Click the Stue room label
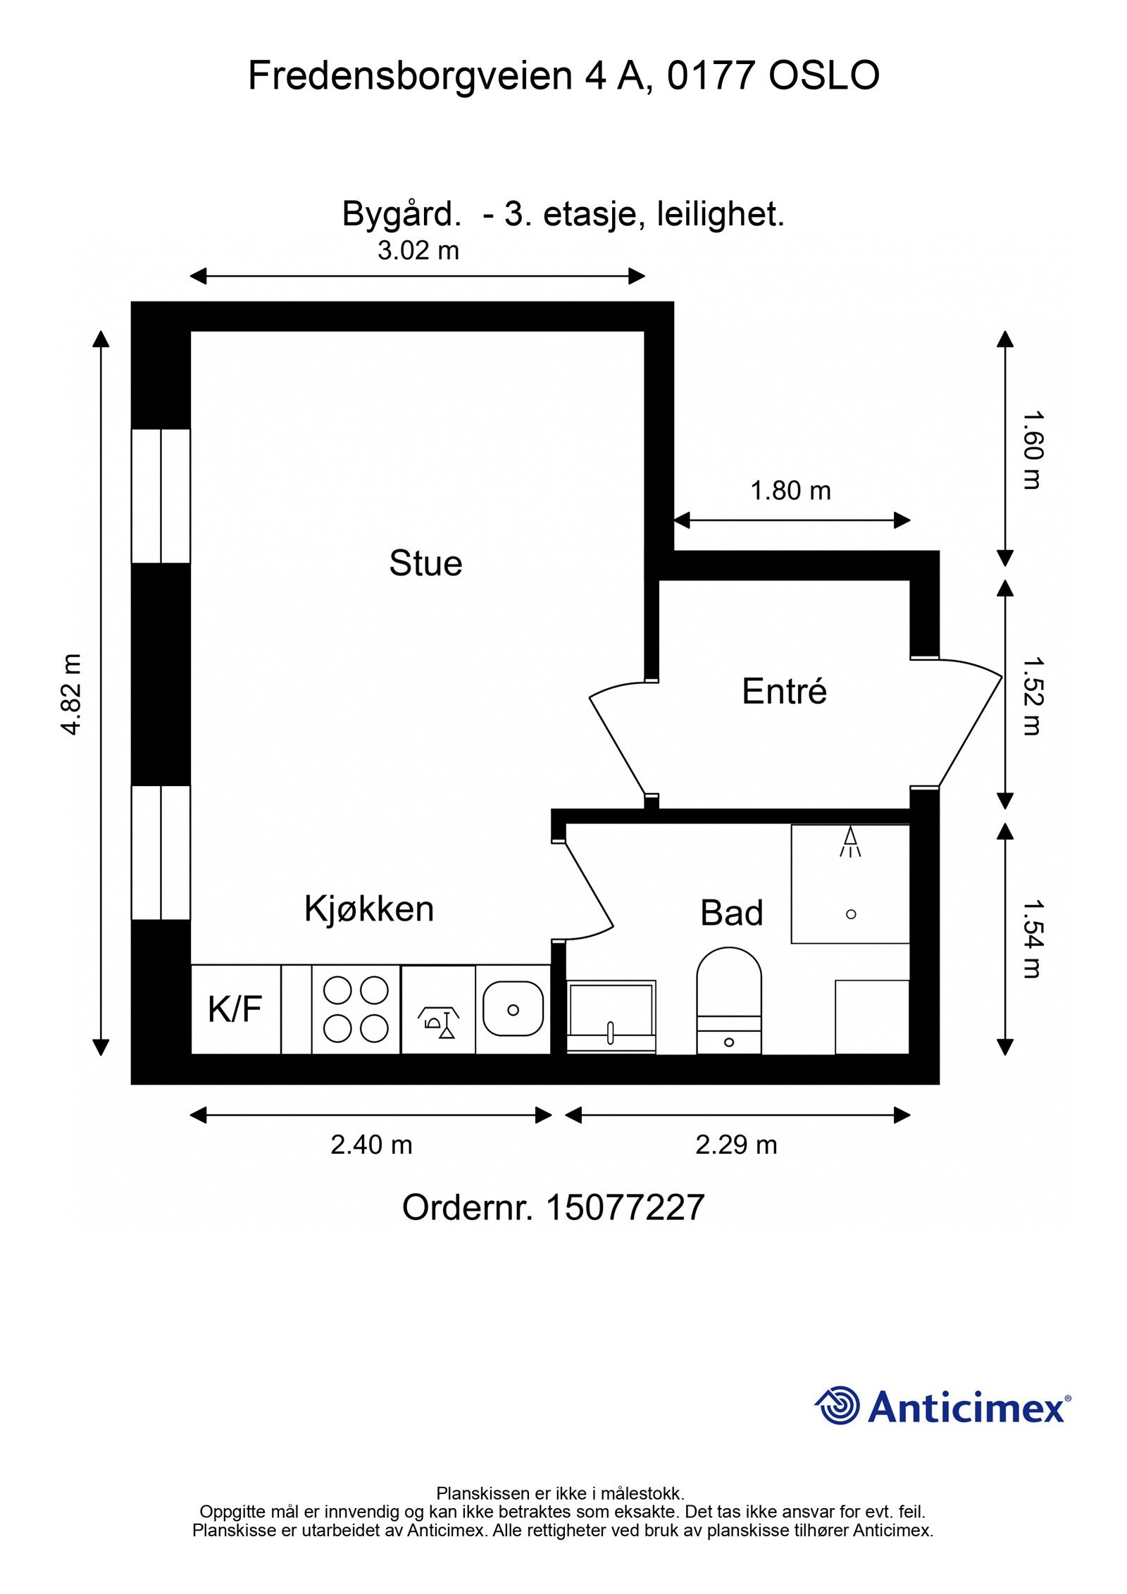pos(425,564)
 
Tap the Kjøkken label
pos(369,909)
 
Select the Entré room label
pos(784,692)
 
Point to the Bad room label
pos(731,914)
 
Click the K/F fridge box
pos(235,1009)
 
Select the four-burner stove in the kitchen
pos(356,1009)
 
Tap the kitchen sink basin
pos(513,1009)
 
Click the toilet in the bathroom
pos(729,1000)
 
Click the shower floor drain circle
pos(850,914)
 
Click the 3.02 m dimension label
pos(418,251)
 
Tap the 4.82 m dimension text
pos(73,695)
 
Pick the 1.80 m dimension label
pos(790,491)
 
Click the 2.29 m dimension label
pos(736,1145)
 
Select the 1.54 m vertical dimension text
pos(1031,939)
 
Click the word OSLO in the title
pos(823,76)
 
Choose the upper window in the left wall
pos(161,496)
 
